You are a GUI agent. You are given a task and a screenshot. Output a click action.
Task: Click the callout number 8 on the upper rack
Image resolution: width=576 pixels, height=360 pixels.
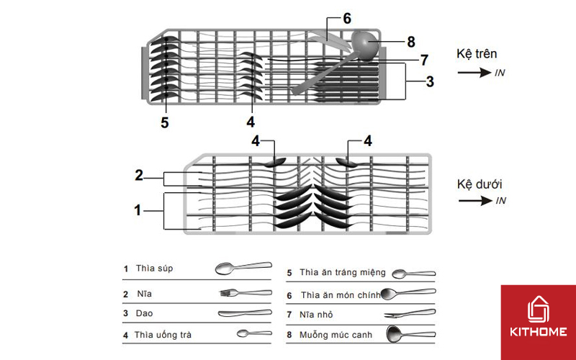[x=411, y=41]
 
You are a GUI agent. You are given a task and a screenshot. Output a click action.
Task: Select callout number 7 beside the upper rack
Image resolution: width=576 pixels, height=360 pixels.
[x=424, y=59]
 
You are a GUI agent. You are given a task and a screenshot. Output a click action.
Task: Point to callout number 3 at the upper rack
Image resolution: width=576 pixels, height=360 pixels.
[x=429, y=81]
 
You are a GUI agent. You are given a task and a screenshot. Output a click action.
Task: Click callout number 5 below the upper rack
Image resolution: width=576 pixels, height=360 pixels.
[x=165, y=123]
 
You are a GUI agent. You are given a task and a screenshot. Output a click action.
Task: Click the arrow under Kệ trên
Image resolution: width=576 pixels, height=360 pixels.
[x=474, y=73]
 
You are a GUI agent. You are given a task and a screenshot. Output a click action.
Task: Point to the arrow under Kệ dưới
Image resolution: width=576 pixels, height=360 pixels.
[x=474, y=201]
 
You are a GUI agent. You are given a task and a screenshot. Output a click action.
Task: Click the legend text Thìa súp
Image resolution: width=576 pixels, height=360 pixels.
[x=154, y=269]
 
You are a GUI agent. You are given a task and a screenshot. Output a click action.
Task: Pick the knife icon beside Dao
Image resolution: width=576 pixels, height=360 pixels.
[x=245, y=314]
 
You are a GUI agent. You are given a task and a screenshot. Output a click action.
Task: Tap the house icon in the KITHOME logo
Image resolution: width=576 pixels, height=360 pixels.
[x=538, y=307]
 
